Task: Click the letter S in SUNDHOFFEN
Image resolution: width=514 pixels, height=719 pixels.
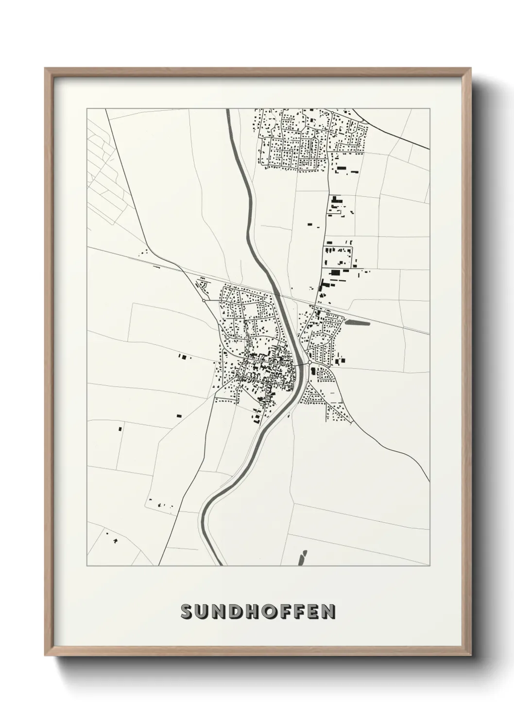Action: pyautogui.click(x=187, y=612)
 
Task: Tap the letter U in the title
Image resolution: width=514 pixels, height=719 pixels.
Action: pyautogui.click(x=204, y=612)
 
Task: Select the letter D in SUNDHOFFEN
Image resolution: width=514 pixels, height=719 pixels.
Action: pyautogui.click(x=240, y=612)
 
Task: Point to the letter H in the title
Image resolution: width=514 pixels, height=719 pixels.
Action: pyautogui.click(x=257, y=612)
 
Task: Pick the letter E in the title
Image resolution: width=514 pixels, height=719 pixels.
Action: pyautogui.click(x=311, y=612)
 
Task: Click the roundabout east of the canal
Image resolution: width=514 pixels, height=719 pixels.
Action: pyautogui.click(x=309, y=362)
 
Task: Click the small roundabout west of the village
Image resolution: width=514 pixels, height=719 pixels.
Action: pyautogui.click(x=204, y=301)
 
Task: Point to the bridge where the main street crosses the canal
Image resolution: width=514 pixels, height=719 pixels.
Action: pyautogui.click(x=300, y=363)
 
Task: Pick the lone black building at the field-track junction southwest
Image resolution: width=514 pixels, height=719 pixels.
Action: pyautogui.click(x=120, y=429)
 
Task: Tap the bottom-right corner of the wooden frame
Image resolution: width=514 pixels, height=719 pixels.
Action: pyautogui.click(x=470, y=654)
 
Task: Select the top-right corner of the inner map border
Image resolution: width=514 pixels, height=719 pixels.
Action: pyautogui.click(x=429, y=108)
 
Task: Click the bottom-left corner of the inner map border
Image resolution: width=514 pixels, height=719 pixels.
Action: pyautogui.click(x=87, y=566)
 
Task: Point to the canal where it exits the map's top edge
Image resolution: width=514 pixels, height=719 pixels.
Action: pyautogui.click(x=228, y=110)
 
